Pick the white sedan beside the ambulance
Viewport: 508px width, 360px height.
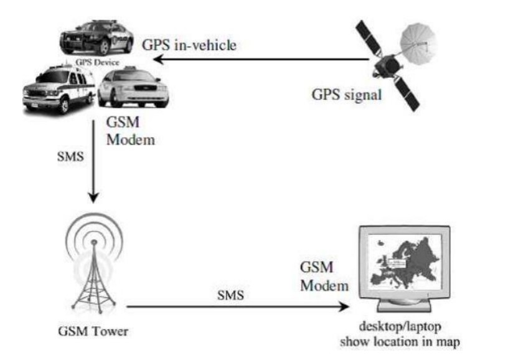133,89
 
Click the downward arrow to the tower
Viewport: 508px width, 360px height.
92,162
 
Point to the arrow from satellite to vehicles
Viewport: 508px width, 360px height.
261,60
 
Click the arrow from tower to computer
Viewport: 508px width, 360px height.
237,307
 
